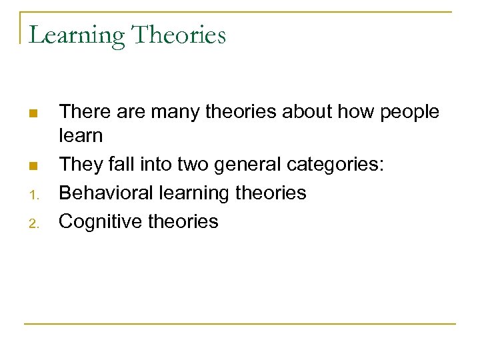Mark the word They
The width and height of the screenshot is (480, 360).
point(79,164)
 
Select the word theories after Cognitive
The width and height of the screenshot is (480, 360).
point(184,221)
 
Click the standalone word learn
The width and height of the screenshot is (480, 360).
point(81,136)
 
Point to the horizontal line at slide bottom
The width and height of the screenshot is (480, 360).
point(240,324)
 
